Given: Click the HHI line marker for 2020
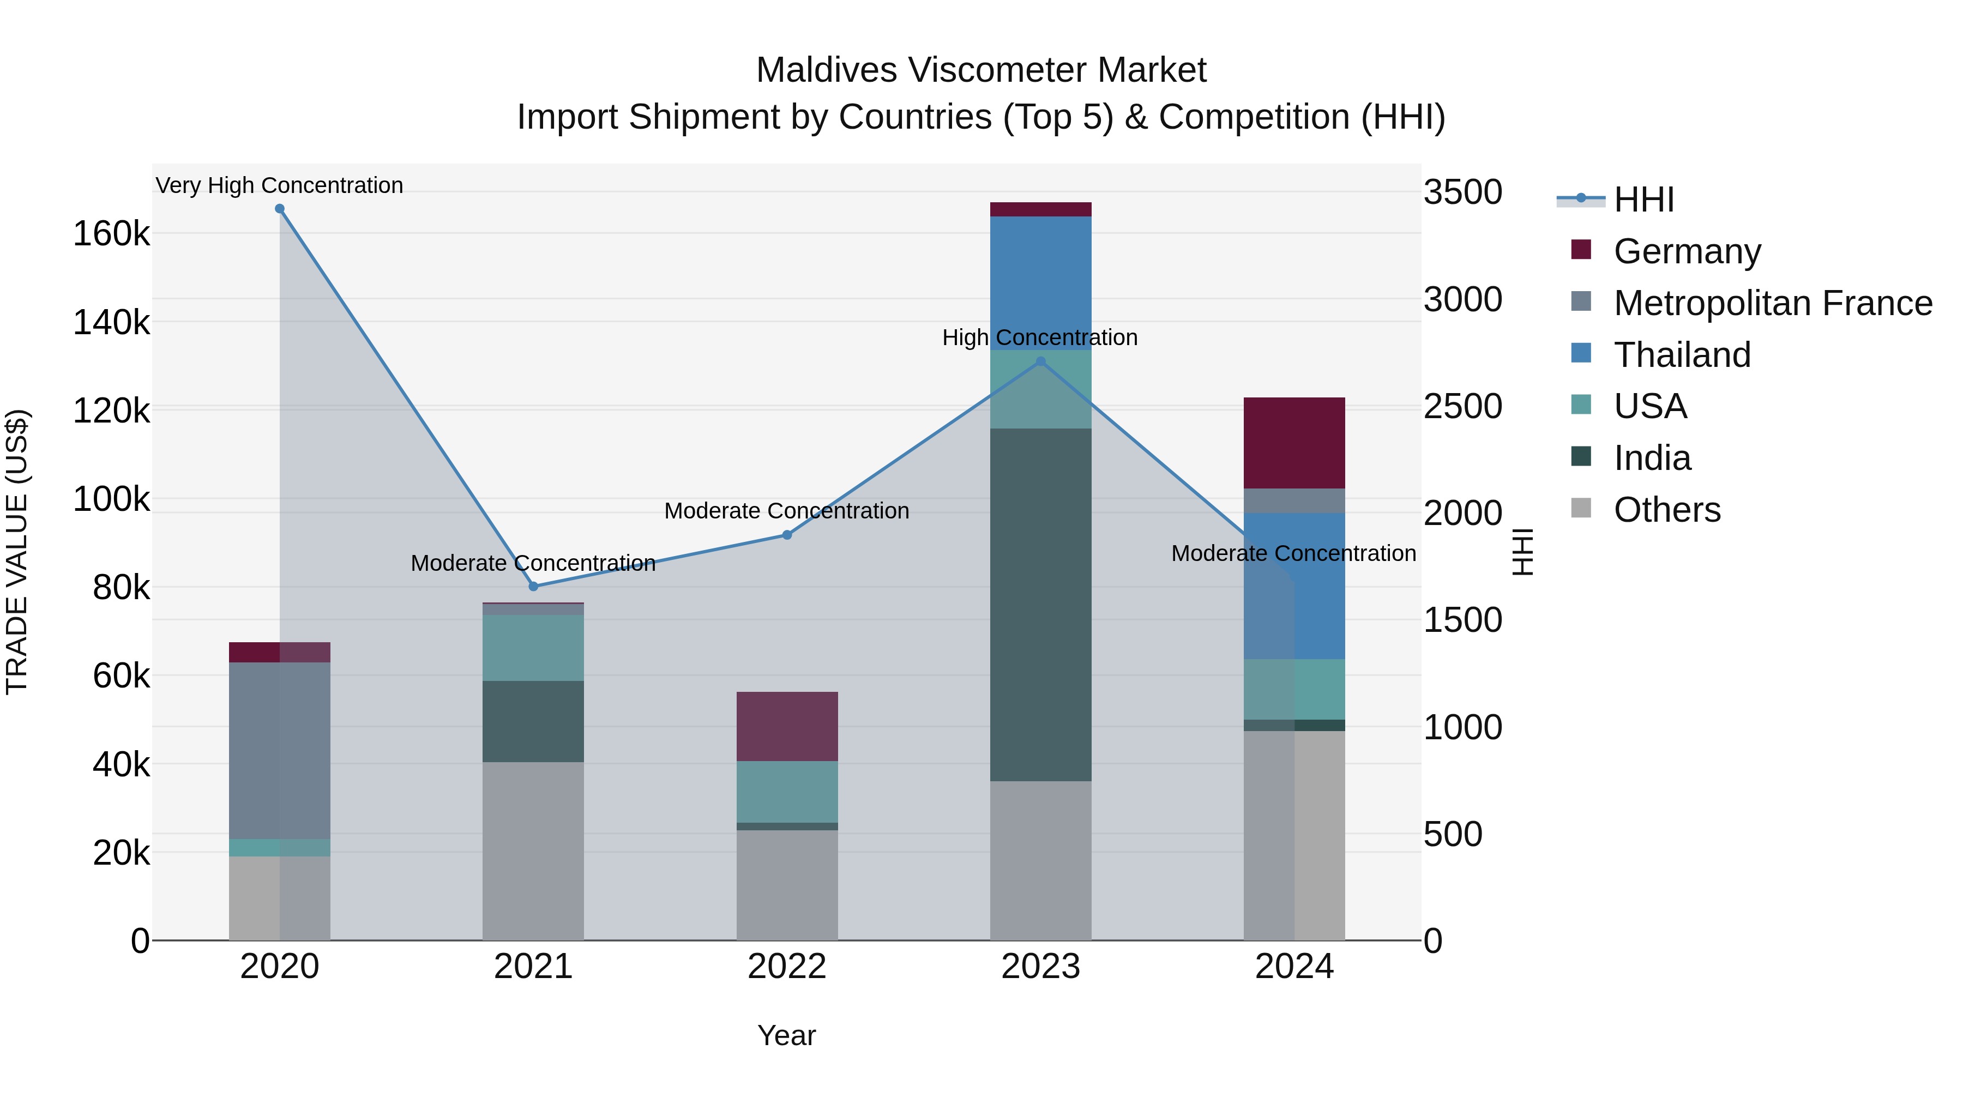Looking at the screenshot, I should point(280,209).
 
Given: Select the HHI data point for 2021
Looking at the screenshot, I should point(533,586).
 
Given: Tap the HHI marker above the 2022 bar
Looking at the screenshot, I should point(787,535).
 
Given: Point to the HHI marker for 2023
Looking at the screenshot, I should point(1041,362).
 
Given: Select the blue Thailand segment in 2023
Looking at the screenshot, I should point(1041,282).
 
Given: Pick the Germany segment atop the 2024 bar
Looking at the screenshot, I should point(1294,443).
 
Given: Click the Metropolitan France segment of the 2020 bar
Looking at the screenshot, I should point(280,751).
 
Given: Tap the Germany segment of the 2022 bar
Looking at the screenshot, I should point(787,726).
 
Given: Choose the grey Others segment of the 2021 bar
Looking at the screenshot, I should point(533,850).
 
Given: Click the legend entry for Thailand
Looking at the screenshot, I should point(1682,355).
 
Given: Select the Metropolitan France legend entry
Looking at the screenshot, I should point(1773,303).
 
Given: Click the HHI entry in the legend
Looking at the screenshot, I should point(1643,200).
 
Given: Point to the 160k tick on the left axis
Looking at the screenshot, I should point(111,234).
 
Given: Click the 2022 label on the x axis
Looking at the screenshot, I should point(787,967).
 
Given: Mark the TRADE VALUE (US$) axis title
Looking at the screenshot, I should point(17,551).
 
